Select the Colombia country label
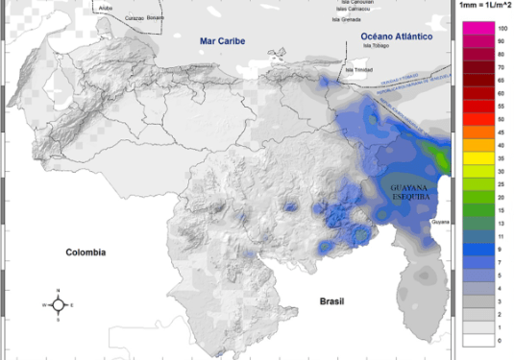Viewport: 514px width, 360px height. [x=85, y=252]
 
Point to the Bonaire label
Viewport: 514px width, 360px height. [x=155, y=16]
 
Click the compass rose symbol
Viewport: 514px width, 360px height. [x=58, y=305]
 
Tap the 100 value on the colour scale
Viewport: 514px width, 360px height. [x=502, y=30]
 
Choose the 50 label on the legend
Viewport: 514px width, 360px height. [x=502, y=118]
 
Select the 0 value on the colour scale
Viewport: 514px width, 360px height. [x=501, y=341]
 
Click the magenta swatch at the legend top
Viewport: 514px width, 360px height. [x=481, y=30]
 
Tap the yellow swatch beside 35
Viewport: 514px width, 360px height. [x=481, y=156]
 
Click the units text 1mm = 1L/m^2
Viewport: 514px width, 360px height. [x=484, y=5]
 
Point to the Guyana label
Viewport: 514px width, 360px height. [x=440, y=222]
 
